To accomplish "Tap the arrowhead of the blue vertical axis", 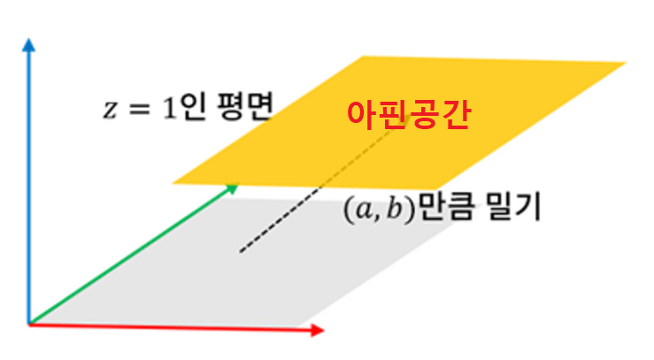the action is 29,43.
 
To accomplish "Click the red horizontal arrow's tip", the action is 319,332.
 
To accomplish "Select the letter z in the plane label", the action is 109,111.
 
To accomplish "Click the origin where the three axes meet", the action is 29,323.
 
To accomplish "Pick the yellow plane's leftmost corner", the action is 173,183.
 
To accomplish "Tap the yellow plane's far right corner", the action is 626,64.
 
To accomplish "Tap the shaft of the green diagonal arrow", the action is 133,254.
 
